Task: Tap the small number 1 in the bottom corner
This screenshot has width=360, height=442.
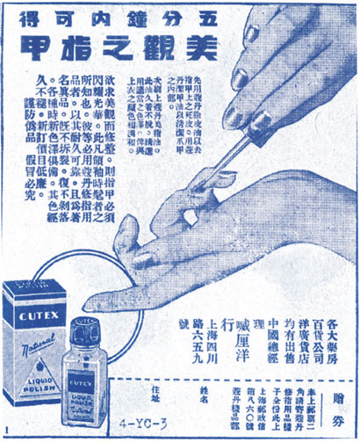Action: tap(7, 431)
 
